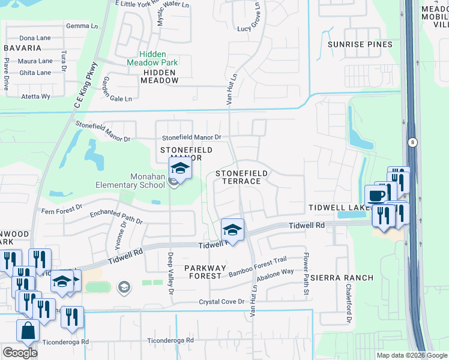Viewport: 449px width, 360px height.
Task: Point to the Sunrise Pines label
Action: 360,44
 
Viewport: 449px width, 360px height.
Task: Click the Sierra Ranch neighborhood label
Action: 342,278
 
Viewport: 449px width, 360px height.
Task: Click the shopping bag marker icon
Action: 28,331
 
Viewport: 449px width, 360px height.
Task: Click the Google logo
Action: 20,352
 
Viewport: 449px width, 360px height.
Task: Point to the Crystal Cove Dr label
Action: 222,302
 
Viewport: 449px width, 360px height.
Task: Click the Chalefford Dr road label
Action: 348,304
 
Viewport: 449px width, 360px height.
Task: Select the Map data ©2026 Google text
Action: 411,355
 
